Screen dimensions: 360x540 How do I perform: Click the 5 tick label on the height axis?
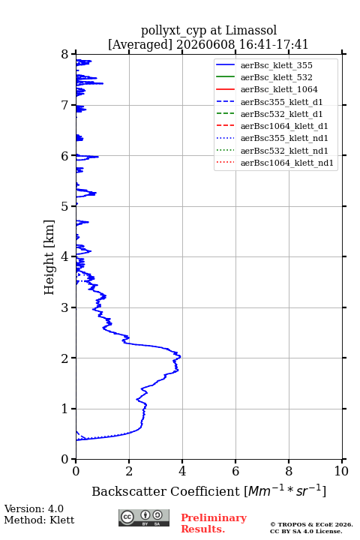pos(64,206)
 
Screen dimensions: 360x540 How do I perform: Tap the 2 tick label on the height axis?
pos(64,358)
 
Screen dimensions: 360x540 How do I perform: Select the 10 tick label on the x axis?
pos(341,471)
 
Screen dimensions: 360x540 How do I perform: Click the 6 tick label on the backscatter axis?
pos(235,471)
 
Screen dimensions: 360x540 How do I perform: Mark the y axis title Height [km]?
pos(49,257)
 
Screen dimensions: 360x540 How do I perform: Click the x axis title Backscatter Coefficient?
pos(166,491)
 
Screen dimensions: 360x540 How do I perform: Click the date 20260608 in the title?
pos(205,44)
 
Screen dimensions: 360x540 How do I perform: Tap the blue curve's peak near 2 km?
pos(180,357)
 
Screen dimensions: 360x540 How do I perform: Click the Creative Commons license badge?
pos(144,517)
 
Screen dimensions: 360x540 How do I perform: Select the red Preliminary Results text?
pos(214,523)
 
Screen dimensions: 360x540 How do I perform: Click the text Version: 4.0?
pos(34,508)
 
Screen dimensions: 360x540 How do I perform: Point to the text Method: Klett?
pos(39,520)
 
